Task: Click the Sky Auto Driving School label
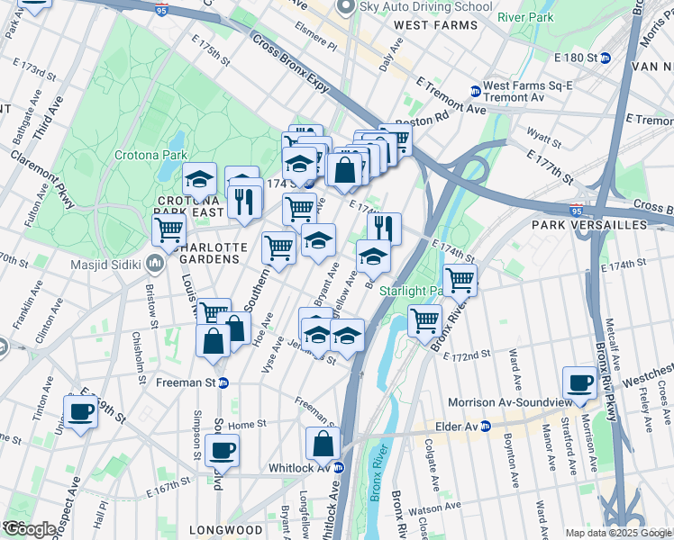[426, 7]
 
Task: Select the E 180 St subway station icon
[606, 58]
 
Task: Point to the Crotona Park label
[148, 155]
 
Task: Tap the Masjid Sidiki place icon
[154, 265]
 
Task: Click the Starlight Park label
[407, 291]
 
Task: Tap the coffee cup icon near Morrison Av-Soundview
[578, 382]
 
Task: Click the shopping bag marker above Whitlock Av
[323, 443]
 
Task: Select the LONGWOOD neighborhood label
[231, 529]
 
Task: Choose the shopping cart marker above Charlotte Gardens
[168, 229]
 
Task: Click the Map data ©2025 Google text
[618, 532]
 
